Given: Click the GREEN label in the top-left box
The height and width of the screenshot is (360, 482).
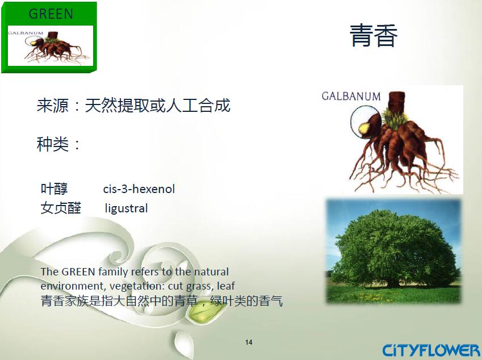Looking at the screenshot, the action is click(51, 14).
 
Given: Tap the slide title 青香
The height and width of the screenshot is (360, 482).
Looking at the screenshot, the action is click(374, 36).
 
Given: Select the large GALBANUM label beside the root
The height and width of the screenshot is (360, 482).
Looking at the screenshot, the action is click(351, 96).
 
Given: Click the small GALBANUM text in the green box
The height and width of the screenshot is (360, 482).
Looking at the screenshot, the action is click(26, 33).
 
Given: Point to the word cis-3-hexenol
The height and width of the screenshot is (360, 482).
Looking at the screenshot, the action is click(139, 189).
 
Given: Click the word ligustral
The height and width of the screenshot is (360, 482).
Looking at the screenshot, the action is click(127, 208).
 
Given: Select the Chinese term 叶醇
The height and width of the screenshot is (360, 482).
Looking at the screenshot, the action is click(54, 189).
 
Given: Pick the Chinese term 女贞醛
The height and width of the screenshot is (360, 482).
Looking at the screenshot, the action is click(61, 208).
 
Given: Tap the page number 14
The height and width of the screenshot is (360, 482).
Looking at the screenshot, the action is click(249, 342).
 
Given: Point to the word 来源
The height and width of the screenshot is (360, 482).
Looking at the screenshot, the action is click(53, 106).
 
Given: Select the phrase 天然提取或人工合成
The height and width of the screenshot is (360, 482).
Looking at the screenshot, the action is click(157, 106).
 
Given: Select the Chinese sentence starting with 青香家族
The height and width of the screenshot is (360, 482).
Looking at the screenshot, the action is click(162, 301).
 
